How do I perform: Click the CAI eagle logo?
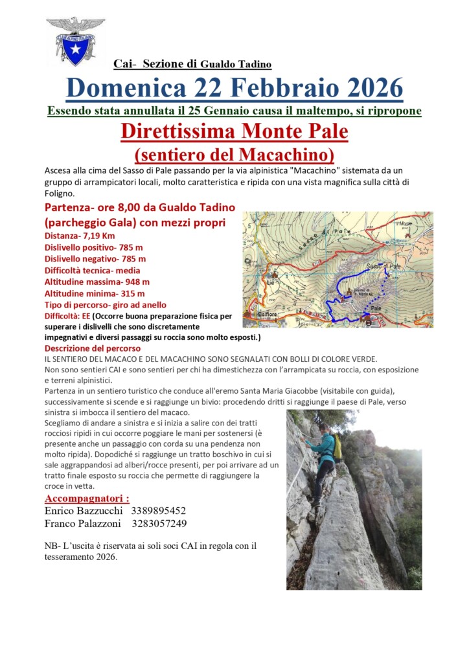74,41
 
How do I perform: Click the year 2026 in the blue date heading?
366,87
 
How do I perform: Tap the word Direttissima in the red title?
177,131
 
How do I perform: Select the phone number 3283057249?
159,523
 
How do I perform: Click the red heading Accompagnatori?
86,498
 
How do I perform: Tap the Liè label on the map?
270,282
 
